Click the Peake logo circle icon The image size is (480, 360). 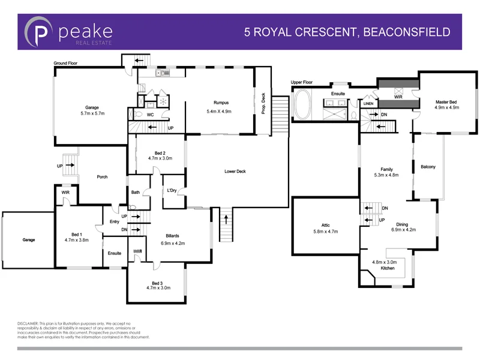39,32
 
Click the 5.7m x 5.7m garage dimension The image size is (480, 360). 92,113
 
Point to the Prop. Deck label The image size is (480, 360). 263,103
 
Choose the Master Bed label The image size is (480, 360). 447,102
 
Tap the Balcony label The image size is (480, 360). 428,167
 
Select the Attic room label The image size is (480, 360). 326,225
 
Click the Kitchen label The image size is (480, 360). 388,268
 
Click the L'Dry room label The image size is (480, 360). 172,191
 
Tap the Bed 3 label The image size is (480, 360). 158,283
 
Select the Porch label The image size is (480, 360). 102,177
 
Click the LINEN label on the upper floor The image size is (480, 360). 368,104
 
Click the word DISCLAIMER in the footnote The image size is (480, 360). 26,323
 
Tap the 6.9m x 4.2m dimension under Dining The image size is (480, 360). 403,229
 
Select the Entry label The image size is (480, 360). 114,222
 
